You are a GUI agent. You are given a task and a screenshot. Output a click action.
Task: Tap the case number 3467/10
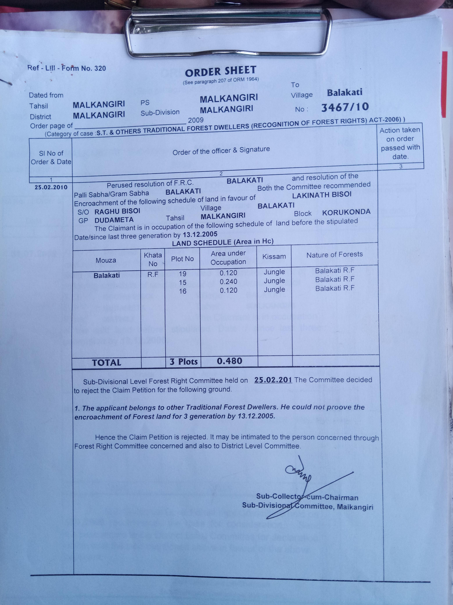click(345, 107)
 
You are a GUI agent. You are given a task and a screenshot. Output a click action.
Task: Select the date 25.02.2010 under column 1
click(51, 187)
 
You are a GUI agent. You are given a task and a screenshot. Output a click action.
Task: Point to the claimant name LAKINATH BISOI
click(322, 195)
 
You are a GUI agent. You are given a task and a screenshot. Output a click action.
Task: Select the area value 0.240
click(228, 281)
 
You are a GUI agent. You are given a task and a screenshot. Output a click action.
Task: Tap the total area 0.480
click(229, 361)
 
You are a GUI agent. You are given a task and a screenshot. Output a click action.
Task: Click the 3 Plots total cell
click(184, 362)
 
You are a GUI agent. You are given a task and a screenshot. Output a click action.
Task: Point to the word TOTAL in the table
click(106, 363)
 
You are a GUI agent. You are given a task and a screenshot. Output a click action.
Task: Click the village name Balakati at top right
click(345, 92)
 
